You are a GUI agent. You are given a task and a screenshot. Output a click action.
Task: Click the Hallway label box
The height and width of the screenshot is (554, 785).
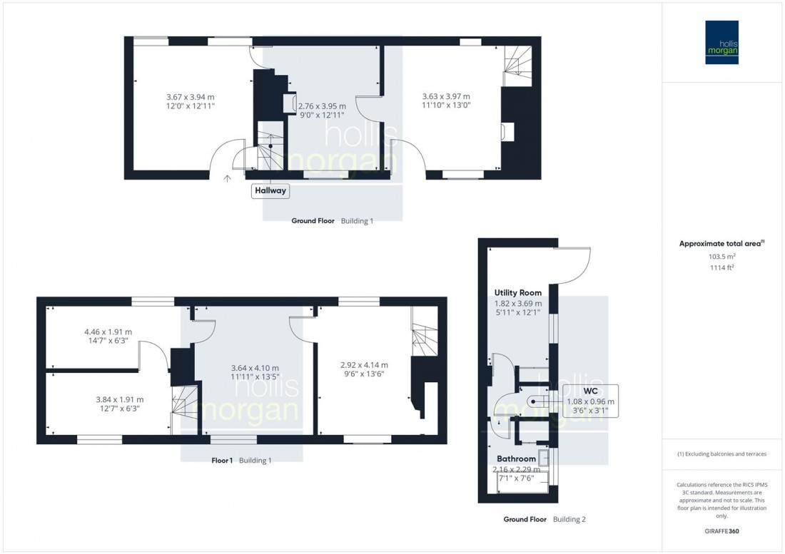tap(270, 190)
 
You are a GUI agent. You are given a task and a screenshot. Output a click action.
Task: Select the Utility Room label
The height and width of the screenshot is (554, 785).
tap(518, 293)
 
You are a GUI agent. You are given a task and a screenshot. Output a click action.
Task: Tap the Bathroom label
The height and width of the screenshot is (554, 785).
tap(517, 458)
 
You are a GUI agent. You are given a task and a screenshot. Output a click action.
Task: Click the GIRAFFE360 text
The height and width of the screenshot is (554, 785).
tap(721, 533)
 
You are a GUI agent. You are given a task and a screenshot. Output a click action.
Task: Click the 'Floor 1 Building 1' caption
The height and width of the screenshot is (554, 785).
tap(241, 461)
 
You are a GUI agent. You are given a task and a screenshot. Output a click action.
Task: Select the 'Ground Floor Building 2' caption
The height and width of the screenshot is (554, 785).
tap(544, 520)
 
